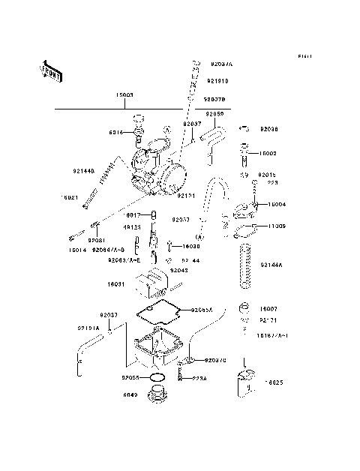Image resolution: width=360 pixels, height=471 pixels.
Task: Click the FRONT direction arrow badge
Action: [51, 70]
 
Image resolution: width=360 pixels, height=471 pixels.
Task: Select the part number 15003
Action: [124, 96]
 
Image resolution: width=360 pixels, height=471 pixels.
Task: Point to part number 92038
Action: [269, 129]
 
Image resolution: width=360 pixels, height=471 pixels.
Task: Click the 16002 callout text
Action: [268, 153]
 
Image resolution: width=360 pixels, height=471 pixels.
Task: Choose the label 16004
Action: [277, 204]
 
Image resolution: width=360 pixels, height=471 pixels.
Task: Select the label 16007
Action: [269, 309]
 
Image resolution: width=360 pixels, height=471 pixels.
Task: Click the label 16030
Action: [191, 245]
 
